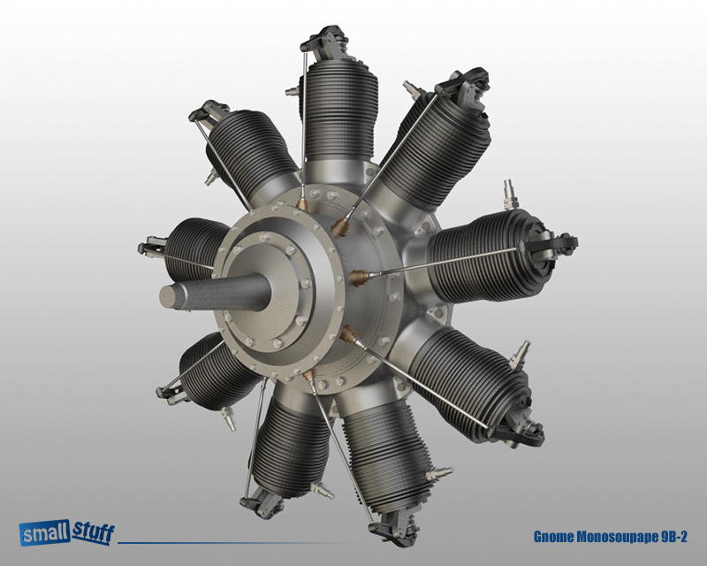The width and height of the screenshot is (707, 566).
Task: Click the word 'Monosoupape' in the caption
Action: tap(619, 537)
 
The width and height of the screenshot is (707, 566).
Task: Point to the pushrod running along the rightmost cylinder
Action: tap(460, 261)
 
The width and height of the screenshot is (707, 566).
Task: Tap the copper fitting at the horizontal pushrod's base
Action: tap(359, 278)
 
